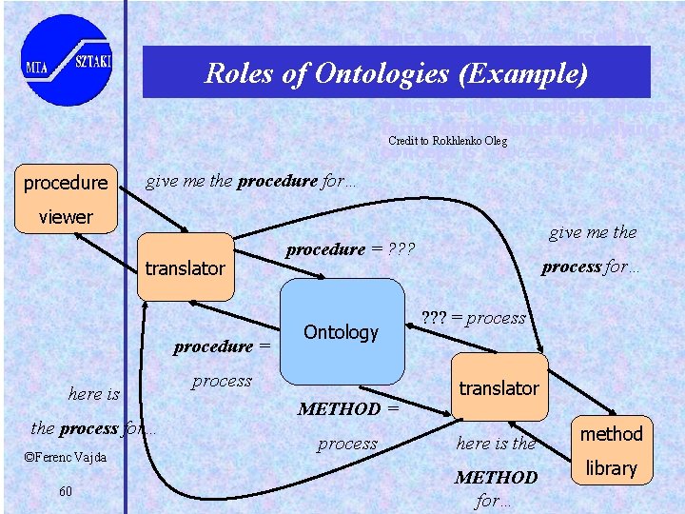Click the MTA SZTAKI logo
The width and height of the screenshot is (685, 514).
point(66,61)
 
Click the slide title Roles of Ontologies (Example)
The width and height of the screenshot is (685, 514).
point(396,73)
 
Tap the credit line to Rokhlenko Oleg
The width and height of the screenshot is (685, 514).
point(447,141)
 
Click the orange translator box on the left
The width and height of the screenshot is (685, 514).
point(185,267)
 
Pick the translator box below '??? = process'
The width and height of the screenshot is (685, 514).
point(499,387)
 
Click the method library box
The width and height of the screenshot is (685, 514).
point(611,450)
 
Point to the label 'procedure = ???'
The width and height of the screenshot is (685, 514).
point(348,249)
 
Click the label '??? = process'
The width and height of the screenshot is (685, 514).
point(473,318)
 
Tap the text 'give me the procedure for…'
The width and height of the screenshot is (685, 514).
point(250,182)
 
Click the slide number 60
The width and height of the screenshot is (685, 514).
point(66,490)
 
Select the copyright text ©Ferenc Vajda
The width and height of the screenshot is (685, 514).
point(65,458)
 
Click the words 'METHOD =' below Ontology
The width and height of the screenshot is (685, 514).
point(347,409)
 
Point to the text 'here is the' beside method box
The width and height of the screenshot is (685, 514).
point(496,444)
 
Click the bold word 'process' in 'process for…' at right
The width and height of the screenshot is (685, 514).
point(571,267)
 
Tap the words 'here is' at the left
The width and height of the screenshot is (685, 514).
point(94,394)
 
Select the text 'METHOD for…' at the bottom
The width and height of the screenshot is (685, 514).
point(496,487)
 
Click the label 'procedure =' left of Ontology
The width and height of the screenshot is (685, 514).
point(222,346)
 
